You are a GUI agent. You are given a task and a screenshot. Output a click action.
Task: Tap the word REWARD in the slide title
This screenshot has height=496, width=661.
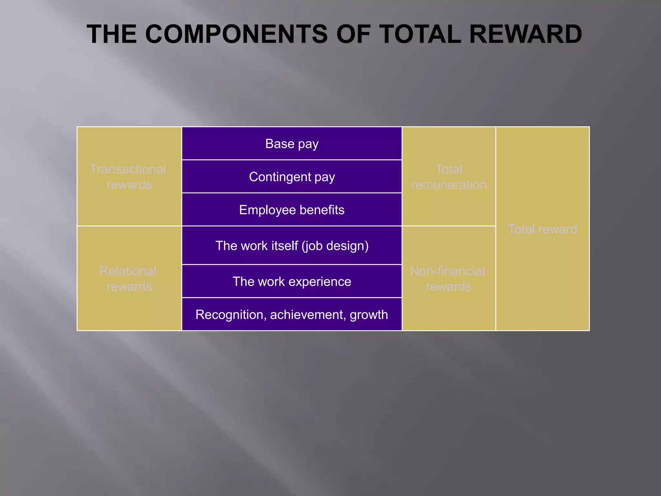(x=525, y=34)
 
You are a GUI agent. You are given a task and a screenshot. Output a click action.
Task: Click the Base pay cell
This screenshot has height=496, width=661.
(x=292, y=144)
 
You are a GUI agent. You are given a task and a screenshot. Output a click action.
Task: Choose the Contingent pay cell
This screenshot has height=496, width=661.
(x=292, y=177)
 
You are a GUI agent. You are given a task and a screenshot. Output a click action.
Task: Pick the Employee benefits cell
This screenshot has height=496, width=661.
(x=292, y=210)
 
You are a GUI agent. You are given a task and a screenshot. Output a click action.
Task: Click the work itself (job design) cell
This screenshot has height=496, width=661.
(x=292, y=246)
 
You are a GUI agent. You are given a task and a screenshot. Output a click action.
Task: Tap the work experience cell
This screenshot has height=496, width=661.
(x=292, y=282)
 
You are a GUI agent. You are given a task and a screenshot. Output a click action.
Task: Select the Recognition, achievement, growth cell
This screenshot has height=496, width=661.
(x=292, y=315)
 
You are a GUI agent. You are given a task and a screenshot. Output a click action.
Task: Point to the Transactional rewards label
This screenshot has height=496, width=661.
(x=128, y=177)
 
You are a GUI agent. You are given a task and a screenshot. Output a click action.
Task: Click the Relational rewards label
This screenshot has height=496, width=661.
(x=128, y=279)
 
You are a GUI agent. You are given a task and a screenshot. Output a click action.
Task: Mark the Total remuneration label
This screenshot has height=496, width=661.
(x=449, y=177)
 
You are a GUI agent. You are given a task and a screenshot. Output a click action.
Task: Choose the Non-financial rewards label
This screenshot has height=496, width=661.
(x=448, y=279)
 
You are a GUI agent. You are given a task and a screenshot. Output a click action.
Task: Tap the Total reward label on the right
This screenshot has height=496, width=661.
(x=542, y=229)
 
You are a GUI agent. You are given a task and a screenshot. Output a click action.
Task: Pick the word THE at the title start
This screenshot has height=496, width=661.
(x=112, y=34)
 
